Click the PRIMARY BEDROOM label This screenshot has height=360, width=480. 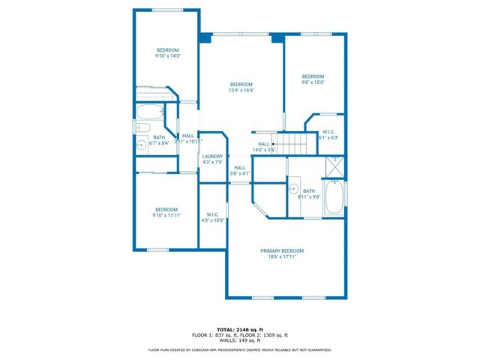coord(282,250)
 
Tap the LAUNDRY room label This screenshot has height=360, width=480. coord(212,156)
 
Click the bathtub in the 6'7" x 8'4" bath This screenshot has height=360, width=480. coord(151,113)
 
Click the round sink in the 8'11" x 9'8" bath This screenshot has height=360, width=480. coord(295,188)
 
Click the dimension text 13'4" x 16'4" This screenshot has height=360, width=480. coord(241,90)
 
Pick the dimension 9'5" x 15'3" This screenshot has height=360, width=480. coord(313,82)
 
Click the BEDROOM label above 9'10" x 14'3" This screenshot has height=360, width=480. coord(167,49)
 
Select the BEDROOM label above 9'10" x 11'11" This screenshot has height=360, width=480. coord(166,209)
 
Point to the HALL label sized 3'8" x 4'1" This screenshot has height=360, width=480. coord(240,167)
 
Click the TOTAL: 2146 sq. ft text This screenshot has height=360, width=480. coord(240,328)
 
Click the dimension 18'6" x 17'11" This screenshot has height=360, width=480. coord(282,256)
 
